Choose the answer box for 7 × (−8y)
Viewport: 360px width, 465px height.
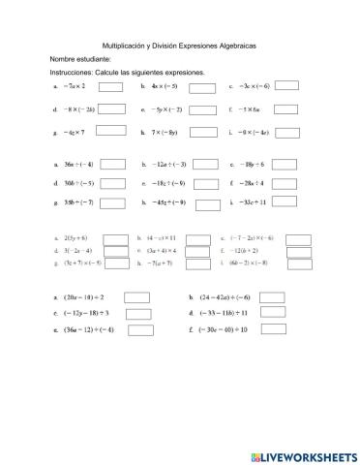pos(202,132)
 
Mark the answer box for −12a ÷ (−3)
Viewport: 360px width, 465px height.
pos(202,166)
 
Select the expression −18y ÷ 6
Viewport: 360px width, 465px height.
pos(253,166)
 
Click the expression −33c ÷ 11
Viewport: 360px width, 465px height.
pos(254,203)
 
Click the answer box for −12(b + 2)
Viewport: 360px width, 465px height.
pos(298,251)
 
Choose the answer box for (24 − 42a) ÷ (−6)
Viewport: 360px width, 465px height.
pos(272,297)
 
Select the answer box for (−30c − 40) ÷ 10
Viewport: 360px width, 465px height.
pos(272,330)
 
